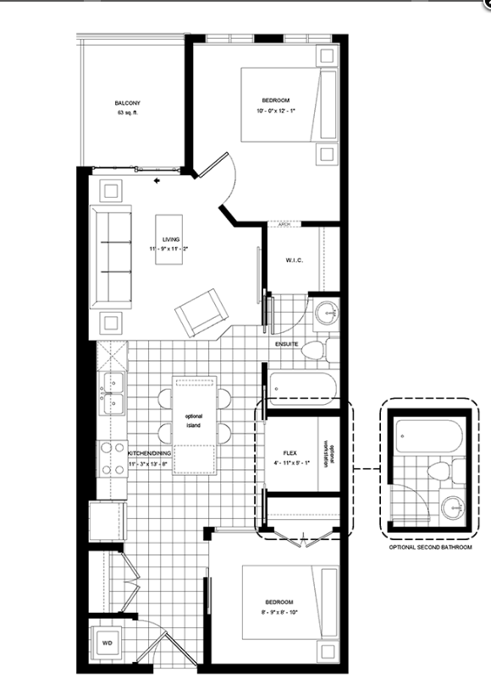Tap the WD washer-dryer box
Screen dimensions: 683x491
point(108,642)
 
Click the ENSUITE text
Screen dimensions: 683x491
point(286,344)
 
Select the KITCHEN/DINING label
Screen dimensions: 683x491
point(150,453)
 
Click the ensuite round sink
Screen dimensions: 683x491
point(323,315)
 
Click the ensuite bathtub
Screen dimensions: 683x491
point(302,388)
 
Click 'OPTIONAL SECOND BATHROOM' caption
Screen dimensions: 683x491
point(430,548)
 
